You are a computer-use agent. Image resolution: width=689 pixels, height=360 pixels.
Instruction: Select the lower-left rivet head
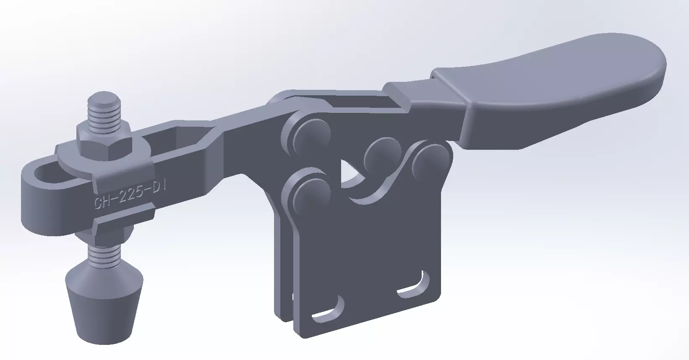pyautogui.click(x=311, y=193)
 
